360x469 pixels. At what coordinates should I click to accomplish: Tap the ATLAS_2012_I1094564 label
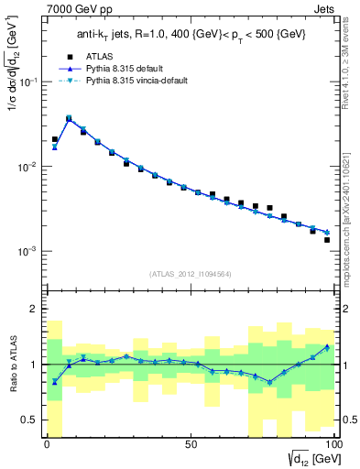coord(190,272)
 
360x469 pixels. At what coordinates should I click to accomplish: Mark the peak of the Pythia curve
coord(69,118)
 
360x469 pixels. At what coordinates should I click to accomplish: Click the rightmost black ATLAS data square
coord(326,240)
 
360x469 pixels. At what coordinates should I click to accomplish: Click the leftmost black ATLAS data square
coord(55,139)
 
